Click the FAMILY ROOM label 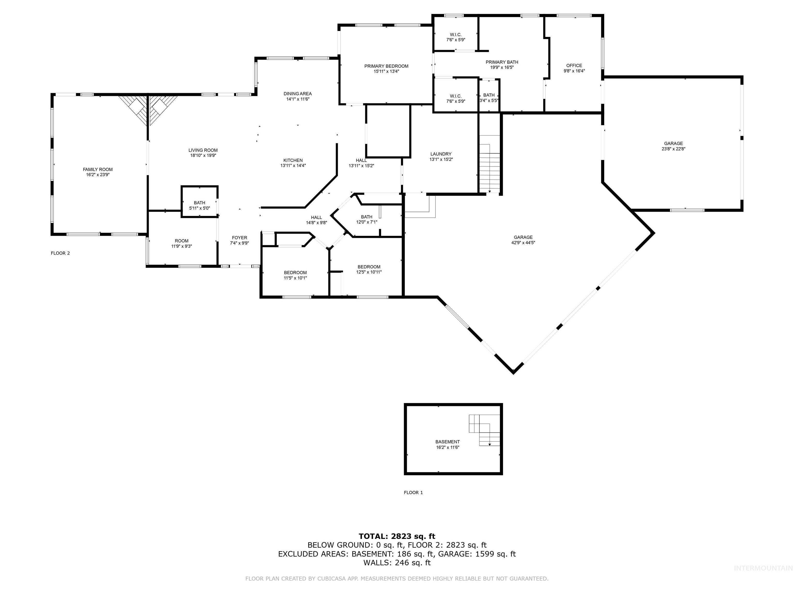[98, 169]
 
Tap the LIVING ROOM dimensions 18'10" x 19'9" [203, 156]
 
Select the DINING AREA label [297, 93]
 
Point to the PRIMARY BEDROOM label [386, 66]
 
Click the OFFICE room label [574, 65]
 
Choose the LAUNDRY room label [441, 154]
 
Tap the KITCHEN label [293, 160]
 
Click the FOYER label [239, 237]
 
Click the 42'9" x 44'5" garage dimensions [523, 242]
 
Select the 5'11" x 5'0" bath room [200, 205]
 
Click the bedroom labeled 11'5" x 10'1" [295, 275]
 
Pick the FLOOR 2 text [60, 253]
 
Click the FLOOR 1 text [413, 492]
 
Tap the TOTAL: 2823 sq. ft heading [397, 536]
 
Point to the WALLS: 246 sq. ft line [397, 562]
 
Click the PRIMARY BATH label [502, 62]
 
